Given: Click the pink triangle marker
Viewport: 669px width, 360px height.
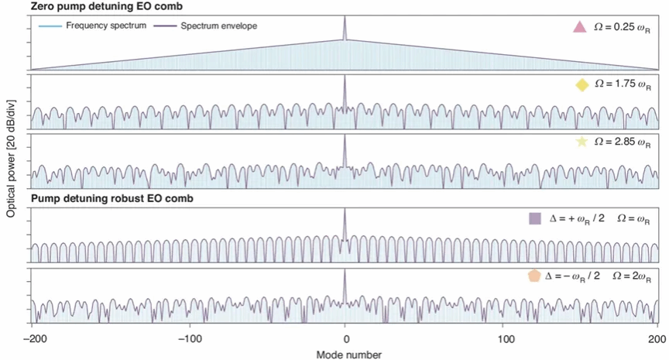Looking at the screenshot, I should click(578, 28).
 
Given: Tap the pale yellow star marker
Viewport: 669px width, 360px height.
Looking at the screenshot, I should click(582, 142).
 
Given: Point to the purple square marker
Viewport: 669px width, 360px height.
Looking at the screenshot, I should click(534, 219).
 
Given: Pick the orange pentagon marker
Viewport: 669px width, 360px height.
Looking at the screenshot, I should click(533, 276).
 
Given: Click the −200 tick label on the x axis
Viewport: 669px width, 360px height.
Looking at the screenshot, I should click(33, 338).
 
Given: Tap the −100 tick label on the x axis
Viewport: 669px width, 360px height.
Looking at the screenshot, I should click(187, 338).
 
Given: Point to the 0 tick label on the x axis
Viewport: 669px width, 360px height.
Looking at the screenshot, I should click(345, 338).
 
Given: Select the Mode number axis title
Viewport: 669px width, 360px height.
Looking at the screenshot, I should click(345, 352).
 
